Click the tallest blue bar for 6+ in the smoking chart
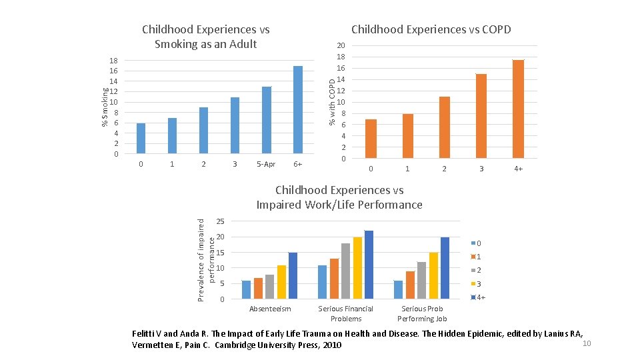click(298, 110)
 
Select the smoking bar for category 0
click(141, 139)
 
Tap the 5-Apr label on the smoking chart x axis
click(265, 165)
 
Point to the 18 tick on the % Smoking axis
click(114, 61)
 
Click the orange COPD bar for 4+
click(518, 109)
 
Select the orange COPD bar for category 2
click(444, 127)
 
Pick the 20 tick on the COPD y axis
click(341, 45)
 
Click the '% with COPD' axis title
click(332, 100)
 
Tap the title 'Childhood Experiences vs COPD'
click(431, 29)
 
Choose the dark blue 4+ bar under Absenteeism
click(293, 275)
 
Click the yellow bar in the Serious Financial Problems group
click(357, 267)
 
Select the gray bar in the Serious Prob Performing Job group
click(421, 280)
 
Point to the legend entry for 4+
click(479, 297)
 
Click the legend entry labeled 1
click(477, 257)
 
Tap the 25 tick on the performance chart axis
click(221, 221)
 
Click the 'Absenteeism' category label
click(270, 309)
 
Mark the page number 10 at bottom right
click(587, 343)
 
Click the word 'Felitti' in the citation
click(145, 333)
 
